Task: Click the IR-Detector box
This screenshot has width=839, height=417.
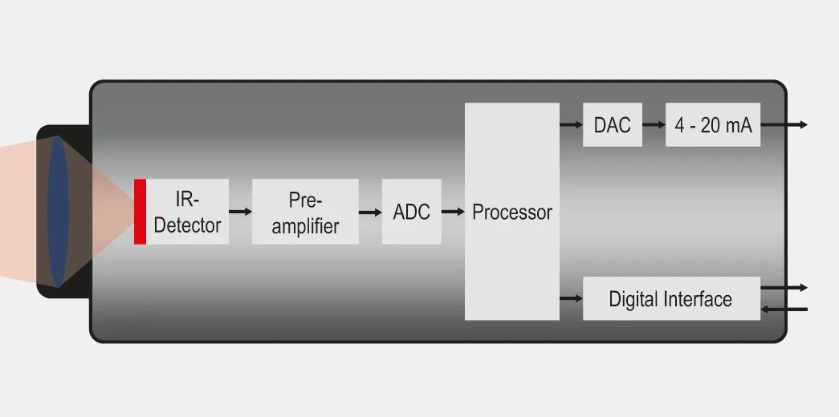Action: [187, 212]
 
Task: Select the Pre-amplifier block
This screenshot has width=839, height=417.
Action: [305, 212]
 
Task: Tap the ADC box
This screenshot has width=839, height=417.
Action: [411, 212]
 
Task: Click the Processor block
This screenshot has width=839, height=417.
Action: [512, 212]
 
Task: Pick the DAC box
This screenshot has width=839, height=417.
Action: [613, 125]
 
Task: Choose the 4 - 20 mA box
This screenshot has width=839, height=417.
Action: [713, 125]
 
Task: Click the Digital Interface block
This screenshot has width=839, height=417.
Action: [671, 299]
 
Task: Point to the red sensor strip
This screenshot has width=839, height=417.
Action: [140, 212]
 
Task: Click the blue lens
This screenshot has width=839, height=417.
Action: [59, 210]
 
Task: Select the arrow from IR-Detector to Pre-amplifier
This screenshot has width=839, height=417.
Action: [240, 212]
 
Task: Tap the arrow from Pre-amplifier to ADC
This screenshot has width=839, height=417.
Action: [370, 212]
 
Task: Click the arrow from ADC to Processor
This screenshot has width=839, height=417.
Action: [453, 212]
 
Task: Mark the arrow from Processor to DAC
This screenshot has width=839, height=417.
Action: [571, 125]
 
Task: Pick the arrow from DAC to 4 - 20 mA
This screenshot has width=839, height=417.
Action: [654, 125]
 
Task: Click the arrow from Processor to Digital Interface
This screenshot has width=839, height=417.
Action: [571, 299]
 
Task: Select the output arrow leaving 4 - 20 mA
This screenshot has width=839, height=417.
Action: [784, 125]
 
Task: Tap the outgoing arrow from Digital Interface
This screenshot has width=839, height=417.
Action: [784, 287]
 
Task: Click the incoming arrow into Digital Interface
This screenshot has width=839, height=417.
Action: [784, 309]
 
